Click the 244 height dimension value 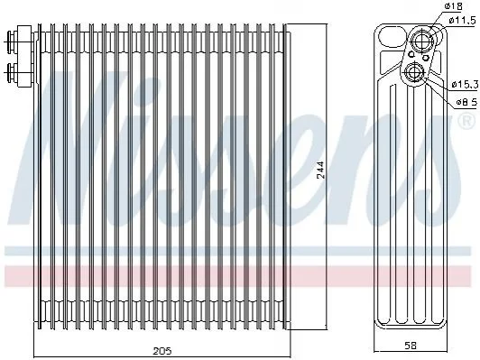click(320, 170)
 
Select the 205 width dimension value click(162, 351)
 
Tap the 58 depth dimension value click(411, 346)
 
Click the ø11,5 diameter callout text click(463, 21)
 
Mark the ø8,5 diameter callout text click(466, 102)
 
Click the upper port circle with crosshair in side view click(422, 39)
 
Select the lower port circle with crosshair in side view click(415, 72)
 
